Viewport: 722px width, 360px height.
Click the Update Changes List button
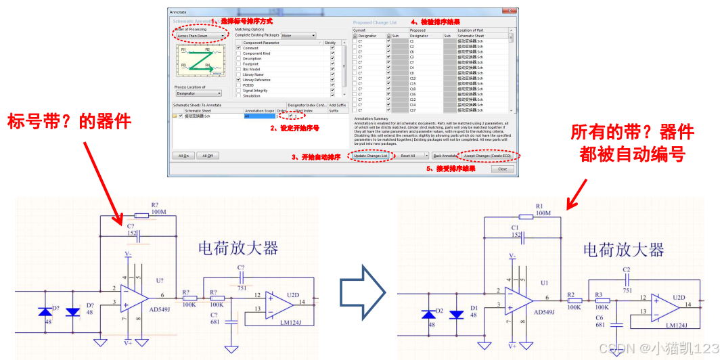tap(370, 156)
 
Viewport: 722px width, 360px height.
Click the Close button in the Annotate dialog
tap(502, 169)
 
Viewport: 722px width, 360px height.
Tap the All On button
tap(183, 156)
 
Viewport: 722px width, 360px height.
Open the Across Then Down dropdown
tap(200, 36)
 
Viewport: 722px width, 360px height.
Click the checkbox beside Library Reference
tap(238, 80)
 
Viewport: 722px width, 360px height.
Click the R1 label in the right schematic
tap(539, 206)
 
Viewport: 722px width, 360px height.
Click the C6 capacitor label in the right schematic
tap(600, 317)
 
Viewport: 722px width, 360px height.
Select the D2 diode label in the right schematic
tap(439, 311)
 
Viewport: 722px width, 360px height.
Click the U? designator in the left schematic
tap(160, 281)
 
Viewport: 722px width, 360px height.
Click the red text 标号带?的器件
tap(69, 122)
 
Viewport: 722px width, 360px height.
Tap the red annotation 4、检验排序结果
tap(435, 22)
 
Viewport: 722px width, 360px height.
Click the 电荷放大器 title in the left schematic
tap(238, 248)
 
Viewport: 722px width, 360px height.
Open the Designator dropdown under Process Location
tap(199, 93)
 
